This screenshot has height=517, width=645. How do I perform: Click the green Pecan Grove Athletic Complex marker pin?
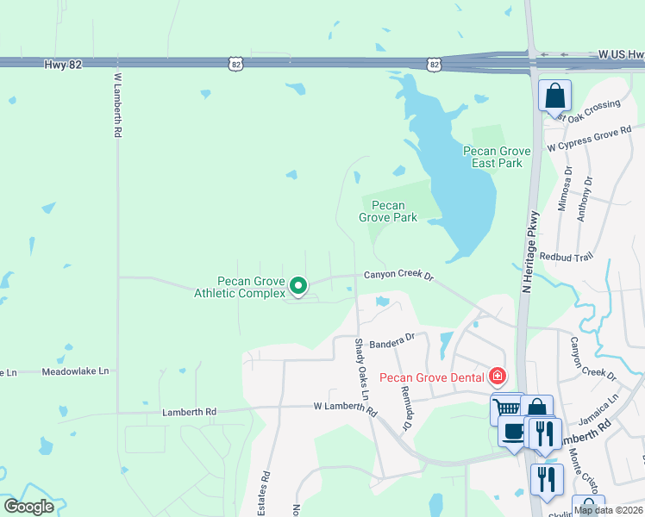[298, 284]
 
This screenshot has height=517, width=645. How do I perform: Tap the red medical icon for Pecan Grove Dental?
[497, 377]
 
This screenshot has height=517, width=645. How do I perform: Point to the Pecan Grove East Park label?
[497, 157]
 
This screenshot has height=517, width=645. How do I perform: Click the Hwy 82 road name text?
[63, 65]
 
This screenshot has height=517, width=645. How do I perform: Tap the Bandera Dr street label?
[392, 341]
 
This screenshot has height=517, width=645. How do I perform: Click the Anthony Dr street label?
[586, 199]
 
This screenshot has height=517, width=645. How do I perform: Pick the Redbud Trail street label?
[567, 257]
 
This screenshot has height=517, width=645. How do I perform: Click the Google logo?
[28, 507]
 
